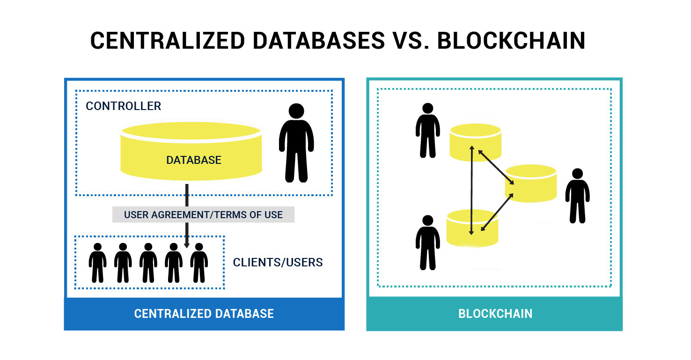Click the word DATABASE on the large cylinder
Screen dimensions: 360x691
click(x=193, y=160)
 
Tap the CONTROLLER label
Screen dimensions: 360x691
click(x=123, y=106)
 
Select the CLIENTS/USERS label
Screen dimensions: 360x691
click(x=278, y=263)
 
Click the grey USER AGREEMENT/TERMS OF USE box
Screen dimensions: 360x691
click(x=203, y=215)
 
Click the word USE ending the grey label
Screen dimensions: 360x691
click(x=273, y=215)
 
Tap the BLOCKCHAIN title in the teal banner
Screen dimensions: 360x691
click(x=495, y=314)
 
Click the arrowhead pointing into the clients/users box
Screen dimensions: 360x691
click(x=187, y=245)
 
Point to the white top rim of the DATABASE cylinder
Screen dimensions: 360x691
click(x=191, y=122)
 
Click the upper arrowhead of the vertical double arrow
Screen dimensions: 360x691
click(x=472, y=148)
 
